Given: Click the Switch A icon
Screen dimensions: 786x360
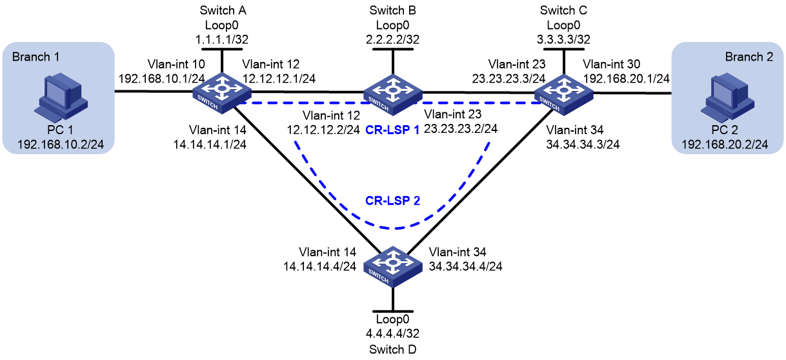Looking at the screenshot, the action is coord(222,94).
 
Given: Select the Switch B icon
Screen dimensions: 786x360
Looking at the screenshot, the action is coord(392,95).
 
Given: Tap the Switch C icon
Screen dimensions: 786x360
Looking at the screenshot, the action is coord(563,95).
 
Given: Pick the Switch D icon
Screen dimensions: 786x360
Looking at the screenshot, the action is coord(392,266).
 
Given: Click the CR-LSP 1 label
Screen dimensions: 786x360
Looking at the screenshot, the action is coord(392,130).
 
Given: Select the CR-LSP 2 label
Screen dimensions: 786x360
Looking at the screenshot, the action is coord(392,201).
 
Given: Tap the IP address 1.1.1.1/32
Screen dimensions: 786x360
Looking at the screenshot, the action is coord(222,39).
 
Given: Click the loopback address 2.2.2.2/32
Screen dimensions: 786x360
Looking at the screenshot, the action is coord(392,39).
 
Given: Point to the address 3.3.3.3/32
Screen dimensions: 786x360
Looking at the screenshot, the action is coord(563,39).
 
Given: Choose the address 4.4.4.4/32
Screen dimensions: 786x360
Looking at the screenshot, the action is coord(392,334).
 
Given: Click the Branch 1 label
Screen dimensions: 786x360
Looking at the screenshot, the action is coord(35,57).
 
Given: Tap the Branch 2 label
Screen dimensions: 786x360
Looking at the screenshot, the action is coord(749,57).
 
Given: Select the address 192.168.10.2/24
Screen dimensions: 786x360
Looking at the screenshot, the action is coord(61,145).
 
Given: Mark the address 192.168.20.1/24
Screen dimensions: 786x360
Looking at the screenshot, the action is coord(627,79).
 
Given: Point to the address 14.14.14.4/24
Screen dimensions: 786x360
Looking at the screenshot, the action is coord(319,266).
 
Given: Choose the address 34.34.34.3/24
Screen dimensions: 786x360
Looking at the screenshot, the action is coord(583,145).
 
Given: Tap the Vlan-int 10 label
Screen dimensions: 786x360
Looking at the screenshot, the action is coord(176,65).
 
